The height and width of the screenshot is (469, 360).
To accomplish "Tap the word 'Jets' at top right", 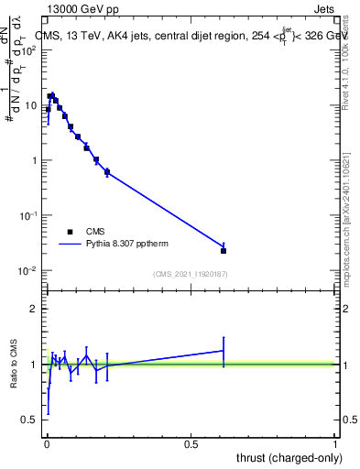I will pos(325,7).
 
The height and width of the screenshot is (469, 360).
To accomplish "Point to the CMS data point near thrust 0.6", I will pos(224,250).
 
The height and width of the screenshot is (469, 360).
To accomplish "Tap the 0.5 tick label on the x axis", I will pos(191,444).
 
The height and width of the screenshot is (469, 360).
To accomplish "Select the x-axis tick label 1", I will pos(336,444).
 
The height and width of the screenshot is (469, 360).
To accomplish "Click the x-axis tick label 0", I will pos(47,444).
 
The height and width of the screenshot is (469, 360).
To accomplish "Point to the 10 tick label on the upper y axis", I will pos(30,105).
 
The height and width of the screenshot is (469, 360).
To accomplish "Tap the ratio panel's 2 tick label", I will pos(33,309).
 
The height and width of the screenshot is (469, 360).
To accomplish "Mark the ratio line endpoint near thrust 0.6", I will pos(224,350).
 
